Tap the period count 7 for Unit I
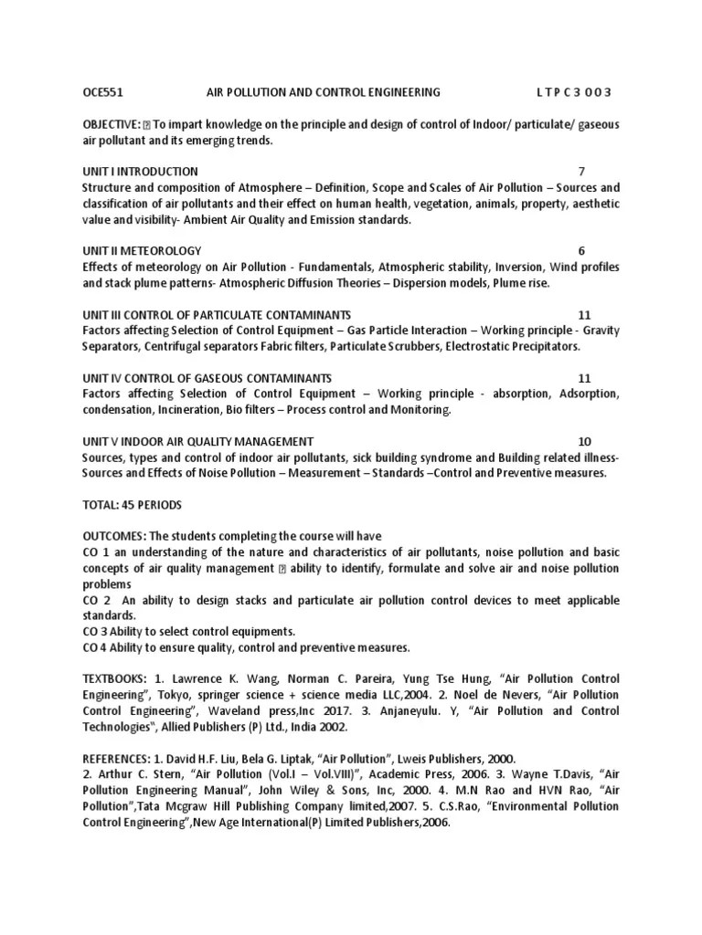[x=581, y=172]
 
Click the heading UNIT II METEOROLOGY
[x=142, y=250]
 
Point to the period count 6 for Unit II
[x=581, y=250]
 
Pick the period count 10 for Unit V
[x=585, y=441]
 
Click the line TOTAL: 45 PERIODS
[x=132, y=505]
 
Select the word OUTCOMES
[x=113, y=536]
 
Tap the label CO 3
[x=96, y=632]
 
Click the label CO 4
[x=96, y=647]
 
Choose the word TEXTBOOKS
[x=114, y=679]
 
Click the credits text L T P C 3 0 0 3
[x=573, y=92]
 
